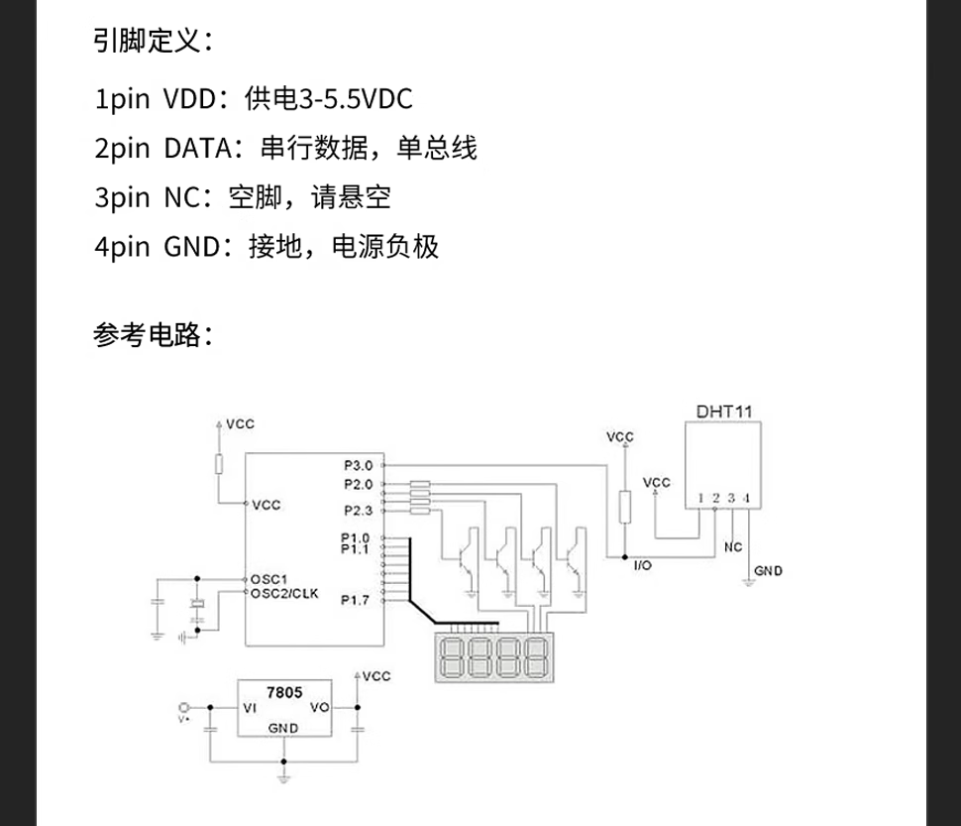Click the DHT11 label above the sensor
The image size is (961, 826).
click(724, 412)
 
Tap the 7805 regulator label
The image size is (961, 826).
click(284, 692)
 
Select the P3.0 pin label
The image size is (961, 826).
click(359, 465)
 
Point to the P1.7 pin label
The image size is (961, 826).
click(356, 600)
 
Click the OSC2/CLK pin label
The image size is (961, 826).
click(284, 593)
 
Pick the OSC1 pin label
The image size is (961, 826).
click(268, 579)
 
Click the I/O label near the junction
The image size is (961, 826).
click(643, 565)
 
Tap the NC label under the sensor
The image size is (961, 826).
click(733, 547)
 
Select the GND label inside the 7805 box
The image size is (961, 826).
click(283, 728)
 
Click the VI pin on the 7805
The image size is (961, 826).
click(250, 708)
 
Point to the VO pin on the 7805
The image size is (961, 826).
click(320, 707)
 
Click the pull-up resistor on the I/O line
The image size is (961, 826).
click(624, 507)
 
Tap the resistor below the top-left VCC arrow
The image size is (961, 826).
click(219, 464)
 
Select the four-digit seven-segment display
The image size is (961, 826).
click(494, 657)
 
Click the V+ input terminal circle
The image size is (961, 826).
click(183, 707)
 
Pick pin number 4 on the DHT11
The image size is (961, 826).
click(746, 498)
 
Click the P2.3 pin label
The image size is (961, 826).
click(359, 511)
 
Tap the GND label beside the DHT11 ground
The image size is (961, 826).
click(769, 571)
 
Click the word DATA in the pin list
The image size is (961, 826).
click(198, 149)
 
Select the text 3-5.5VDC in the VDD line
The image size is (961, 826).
click(356, 99)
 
